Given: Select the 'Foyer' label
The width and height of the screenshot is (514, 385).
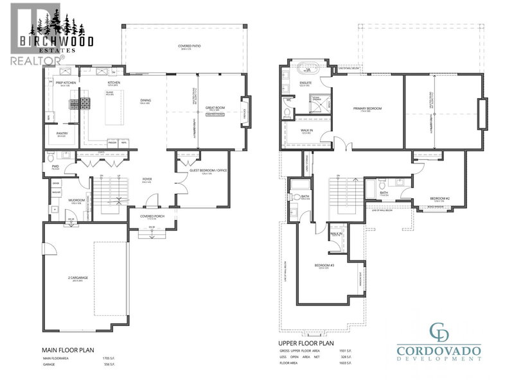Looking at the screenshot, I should click(146, 180).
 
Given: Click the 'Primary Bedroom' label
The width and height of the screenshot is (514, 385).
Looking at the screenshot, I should click(368, 108).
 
